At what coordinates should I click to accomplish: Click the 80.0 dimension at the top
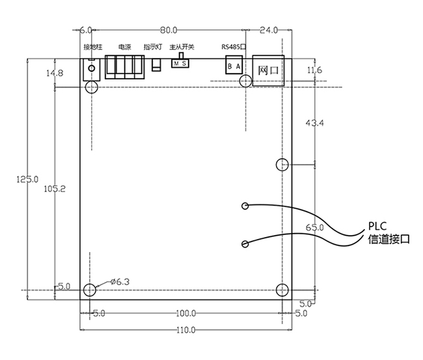pyautogui.click(x=169, y=30)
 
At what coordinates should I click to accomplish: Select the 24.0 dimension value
pyautogui.click(x=269, y=30)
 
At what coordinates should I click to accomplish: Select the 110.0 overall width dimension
pyautogui.click(x=187, y=330)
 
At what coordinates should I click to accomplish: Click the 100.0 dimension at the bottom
pyautogui.click(x=187, y=314)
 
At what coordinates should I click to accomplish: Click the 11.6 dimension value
pyautogui.click(x=314, y=70)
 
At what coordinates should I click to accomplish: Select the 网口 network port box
pyautogui.click(x=268, y=70)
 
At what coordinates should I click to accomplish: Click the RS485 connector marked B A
pyautogui.click(x=234, y=66)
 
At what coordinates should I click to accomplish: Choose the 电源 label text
pyautogui.click(x=124, y=48)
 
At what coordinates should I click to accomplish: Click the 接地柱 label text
pyautogui.click(x=93, y=48)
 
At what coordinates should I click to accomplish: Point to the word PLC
pyautogui.click(x=379, y=227)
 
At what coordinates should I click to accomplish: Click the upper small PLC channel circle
pyautogui.click(x=244, y=206)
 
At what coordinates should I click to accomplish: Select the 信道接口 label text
pyautogui.click(x=389, y=240)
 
